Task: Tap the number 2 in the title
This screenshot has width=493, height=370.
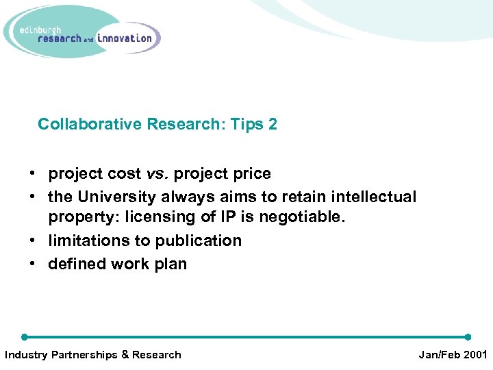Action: click(x=273, y=124)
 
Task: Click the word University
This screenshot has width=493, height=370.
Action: click(x=117, y=197)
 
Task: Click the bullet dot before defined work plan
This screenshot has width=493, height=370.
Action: click(x=33, y=264)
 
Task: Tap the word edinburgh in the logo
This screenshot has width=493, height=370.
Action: click(x=40, y=29)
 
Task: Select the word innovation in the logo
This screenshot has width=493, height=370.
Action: click(x=125, y=38)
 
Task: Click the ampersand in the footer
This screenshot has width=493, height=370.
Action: click(x=125, y=355)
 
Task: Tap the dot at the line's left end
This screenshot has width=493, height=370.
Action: click(x=25, y=337)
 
